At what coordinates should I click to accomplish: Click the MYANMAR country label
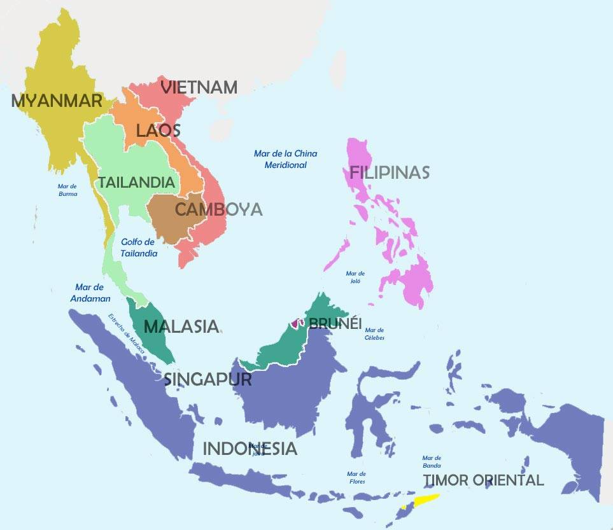[x=57, y=101]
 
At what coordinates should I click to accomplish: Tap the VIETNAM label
[x=199, y=88]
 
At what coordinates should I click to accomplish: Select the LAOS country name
[x=159, y=131]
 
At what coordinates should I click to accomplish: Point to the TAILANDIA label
[x=136, y=183]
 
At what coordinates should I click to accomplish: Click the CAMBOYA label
[x=218, y=209]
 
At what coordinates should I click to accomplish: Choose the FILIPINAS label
[x=389, y=172]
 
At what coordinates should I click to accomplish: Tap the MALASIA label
[x=181, y=326]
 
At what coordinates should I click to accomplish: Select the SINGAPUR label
[x=208, y=379]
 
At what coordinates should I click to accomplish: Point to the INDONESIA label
[x=250, y=449]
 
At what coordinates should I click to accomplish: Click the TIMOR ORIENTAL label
[x=484, y=480]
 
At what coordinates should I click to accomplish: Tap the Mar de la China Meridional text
[x=285, y=159]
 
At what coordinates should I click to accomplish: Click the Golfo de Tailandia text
[x=138, y=248]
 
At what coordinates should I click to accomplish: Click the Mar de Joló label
[x=355, y=277]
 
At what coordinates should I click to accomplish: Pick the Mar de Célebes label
[x=374, y=333]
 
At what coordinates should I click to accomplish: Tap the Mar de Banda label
[x=432, y=461]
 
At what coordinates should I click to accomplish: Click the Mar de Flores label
[x=356, y=478]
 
